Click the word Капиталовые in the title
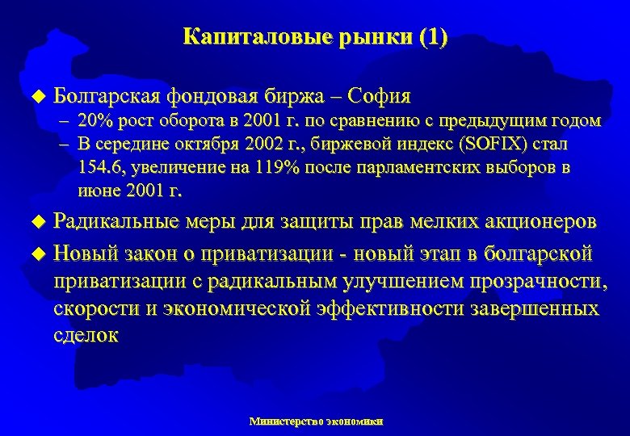coord(235,37)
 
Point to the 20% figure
coord(94,121)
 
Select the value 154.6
coord(102,168)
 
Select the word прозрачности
coord(535,282)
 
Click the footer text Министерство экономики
coord(316,421)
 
